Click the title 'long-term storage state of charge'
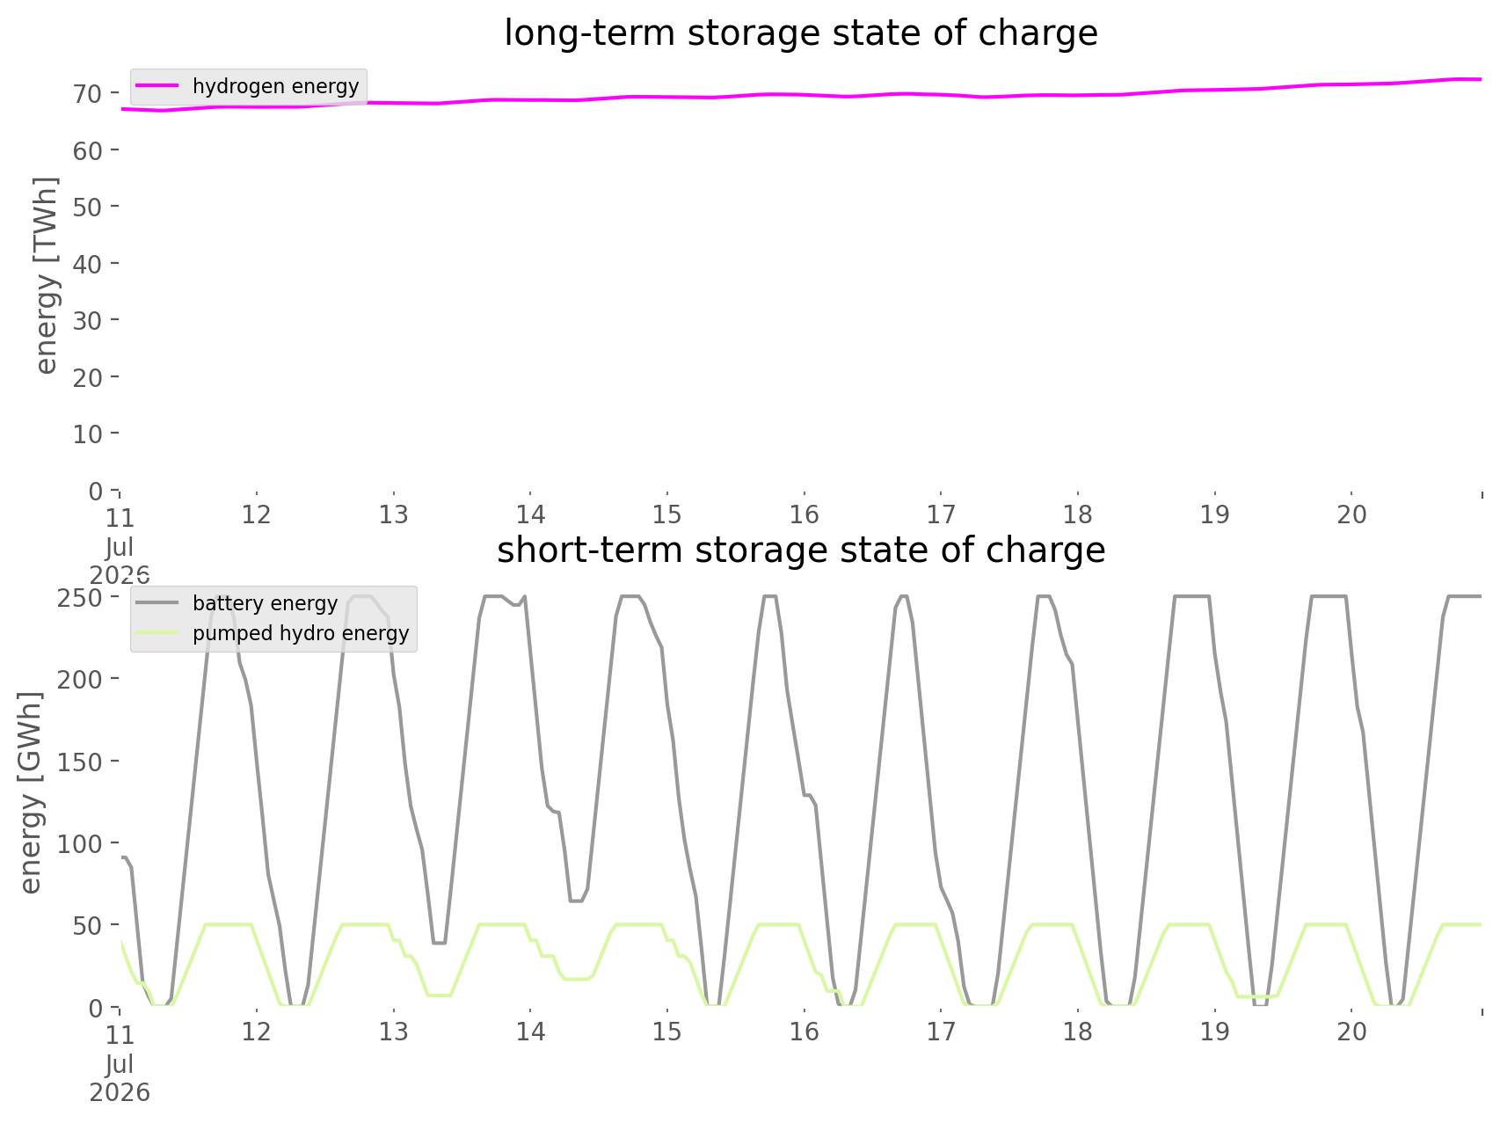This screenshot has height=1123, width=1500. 801,33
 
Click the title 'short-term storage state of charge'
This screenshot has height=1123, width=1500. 801,551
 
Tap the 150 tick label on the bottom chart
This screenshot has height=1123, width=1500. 80,761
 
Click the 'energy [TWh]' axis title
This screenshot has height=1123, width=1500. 47,275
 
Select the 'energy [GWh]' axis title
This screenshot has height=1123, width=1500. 31,793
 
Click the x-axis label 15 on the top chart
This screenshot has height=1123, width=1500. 667,514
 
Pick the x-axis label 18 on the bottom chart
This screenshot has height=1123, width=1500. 1078,1032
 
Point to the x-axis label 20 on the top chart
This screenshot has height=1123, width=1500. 1352,514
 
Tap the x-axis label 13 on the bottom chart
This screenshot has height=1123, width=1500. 394,1032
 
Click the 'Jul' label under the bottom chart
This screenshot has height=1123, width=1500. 120,1065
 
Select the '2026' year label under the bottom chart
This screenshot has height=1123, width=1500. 120,1093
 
